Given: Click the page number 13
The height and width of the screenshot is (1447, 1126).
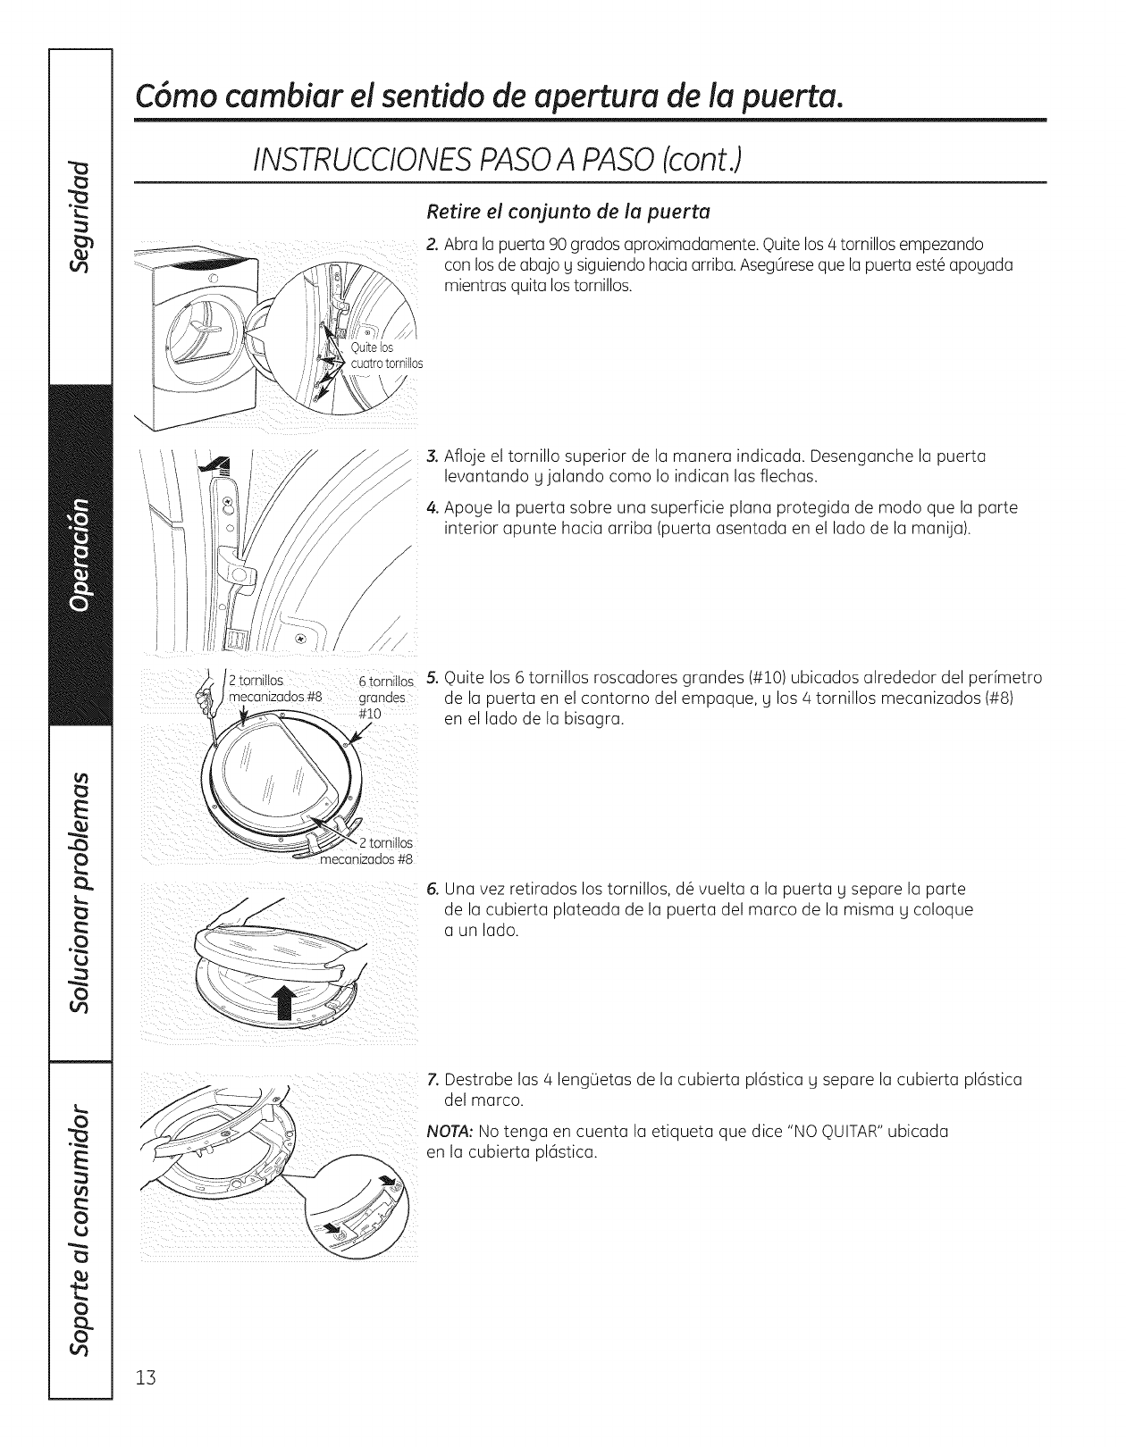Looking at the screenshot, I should [x=146, y=1401].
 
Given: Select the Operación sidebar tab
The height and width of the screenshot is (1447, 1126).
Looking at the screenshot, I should [x=80, y=554].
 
